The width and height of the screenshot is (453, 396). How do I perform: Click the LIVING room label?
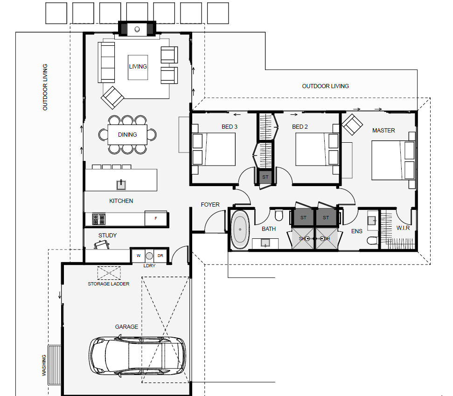(138, 66)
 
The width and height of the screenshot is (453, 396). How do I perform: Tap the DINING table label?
(127, 135)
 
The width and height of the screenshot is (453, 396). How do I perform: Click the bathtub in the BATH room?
(240, 229)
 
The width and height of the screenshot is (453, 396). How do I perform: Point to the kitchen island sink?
(121, 185)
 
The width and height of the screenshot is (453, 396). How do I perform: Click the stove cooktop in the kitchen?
(99, 219)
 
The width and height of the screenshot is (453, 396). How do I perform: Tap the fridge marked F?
(156, 218)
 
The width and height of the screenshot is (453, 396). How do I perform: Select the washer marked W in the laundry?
(139, 256)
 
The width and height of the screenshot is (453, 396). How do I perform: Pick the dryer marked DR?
(160, 256)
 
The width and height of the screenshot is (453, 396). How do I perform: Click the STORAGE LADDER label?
(109, 284)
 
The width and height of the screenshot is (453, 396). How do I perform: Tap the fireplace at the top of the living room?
(137, 29)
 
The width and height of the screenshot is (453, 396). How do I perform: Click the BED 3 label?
(230, 127)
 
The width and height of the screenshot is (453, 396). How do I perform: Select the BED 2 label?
(300, 127)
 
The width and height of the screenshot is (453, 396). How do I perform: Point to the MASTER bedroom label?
(383, 131)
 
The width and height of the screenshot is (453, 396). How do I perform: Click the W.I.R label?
(403, 228)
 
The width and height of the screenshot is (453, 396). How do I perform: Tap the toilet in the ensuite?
(373, 240)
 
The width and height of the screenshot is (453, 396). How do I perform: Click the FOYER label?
(210, 204)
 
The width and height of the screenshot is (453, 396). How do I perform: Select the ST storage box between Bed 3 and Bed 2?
(265, 177)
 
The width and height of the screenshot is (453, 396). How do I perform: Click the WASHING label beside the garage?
(44, 365)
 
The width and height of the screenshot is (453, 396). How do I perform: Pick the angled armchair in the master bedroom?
(352, 125)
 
